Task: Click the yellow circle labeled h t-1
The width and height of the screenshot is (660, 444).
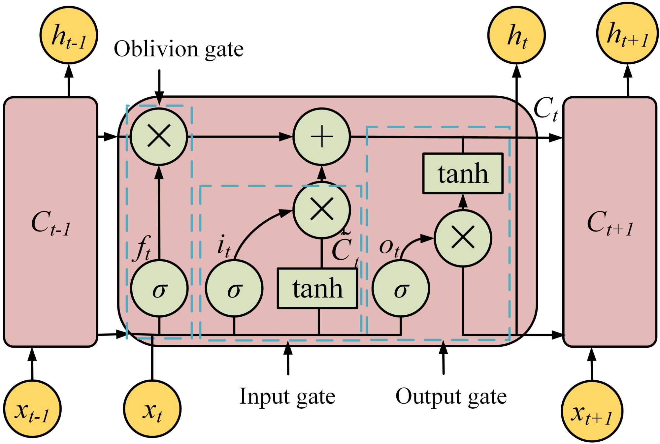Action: coord(69,35)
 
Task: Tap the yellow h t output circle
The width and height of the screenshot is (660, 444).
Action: coord(516,35)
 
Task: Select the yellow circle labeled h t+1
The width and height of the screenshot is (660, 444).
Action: coord(627,33)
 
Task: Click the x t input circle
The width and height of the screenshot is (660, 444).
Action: coord(152,409)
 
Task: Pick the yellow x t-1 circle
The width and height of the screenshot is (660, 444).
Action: coord(32,409)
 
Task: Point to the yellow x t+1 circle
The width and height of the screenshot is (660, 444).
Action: coord(592,411)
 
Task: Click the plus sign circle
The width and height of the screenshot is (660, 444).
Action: coord(322,137)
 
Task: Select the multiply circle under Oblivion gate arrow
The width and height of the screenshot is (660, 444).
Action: coord(159,136)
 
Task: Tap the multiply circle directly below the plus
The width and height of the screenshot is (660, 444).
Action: coord(322,210)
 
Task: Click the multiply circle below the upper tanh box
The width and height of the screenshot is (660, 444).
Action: coord(463,238)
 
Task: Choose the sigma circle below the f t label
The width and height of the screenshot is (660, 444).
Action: coord(159,289)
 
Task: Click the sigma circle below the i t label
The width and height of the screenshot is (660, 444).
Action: coord(234,289)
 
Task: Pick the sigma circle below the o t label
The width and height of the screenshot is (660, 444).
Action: coord(401,289)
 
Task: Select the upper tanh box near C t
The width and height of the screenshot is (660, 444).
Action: coord(463,174)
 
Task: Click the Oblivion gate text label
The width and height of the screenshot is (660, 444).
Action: coord(179,49)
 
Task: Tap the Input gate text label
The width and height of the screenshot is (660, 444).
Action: coord(287,396)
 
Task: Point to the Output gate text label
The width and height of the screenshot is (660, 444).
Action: coord(451,396)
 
